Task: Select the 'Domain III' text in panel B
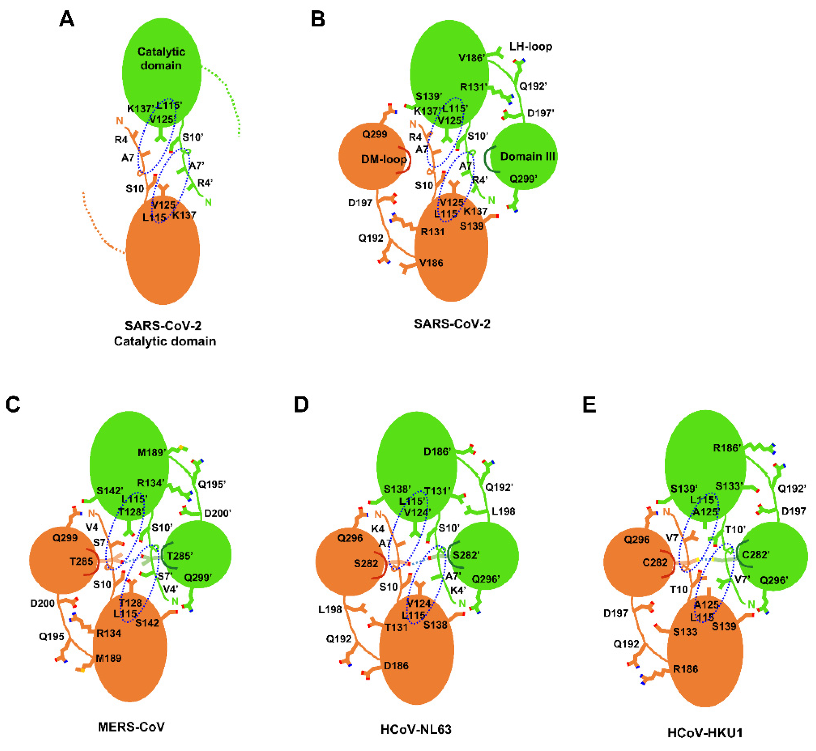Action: click(x=527, y=156)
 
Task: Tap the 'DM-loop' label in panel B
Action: click(x=383, y=159)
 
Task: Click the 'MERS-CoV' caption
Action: click(x=131, y=727)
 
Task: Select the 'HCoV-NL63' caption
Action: click(x=416, y=729)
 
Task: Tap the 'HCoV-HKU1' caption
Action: click(x=705, y=733)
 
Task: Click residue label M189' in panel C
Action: click(x=151, y=453)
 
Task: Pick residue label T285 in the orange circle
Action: click(x=81, y=561)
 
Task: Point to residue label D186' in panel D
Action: click(x=437, y=452)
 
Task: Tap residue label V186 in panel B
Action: click(x=431, y=263)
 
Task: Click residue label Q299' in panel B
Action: click(x=523, y=179)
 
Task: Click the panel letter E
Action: click(x=589, y=405)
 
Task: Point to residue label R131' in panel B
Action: click(x=473, y=87)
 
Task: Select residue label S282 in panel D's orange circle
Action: click(x=366, y=563)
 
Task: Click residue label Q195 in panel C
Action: click(x=52, y=636)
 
